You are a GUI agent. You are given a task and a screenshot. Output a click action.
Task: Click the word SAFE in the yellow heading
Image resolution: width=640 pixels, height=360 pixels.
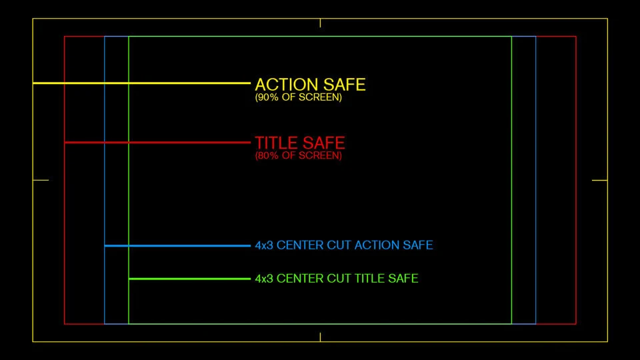tap(345, 85)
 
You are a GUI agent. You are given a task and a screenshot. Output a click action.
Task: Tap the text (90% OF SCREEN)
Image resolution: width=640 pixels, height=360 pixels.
tap(298, 97)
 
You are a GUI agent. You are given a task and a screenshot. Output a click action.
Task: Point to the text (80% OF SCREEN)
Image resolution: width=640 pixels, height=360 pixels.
tap(298, 156)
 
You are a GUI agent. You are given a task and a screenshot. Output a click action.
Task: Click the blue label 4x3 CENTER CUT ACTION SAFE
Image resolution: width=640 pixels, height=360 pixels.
tap(344, 245)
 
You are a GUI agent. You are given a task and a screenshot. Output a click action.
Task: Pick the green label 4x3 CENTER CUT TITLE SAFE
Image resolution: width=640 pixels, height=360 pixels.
tap(337, 278)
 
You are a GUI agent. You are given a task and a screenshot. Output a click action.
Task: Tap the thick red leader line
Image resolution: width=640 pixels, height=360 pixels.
tap(157, 143)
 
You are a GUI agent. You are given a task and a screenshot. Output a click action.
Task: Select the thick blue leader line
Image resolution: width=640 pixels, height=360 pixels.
tap(177, 246)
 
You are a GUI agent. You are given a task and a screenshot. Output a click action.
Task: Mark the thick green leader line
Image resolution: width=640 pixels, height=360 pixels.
tap(189, 279)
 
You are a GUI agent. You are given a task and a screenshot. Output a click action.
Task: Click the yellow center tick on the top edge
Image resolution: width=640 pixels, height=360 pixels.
tap(320, 23)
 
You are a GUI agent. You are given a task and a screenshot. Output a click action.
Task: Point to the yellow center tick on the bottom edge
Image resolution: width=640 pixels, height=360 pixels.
tap(320, 337)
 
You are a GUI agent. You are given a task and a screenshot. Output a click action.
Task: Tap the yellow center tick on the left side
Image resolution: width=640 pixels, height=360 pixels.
tap(41, 180)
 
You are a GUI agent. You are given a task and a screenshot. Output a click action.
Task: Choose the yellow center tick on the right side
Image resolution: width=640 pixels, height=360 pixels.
tap(599, 180)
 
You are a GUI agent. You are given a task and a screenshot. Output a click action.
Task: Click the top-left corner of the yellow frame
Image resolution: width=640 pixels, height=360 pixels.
tap(33, 19)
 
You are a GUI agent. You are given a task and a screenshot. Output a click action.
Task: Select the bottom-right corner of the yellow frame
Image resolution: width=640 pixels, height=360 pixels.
tap(607, 342)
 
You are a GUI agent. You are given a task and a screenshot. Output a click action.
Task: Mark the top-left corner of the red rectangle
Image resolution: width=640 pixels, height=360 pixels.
tap(65, 37)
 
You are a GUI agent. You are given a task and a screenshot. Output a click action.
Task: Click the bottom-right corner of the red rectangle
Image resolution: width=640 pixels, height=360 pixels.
tap(575, 324)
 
